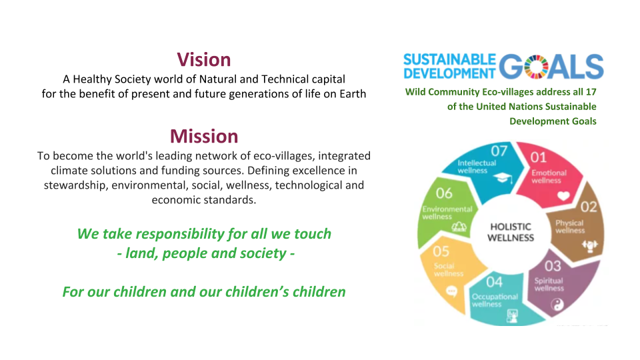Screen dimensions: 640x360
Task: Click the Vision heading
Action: point(204,59)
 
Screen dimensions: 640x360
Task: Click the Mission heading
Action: point(204,136)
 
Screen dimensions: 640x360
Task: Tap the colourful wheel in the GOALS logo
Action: point(536,67)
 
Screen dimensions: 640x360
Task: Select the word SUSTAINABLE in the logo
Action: point(449,59)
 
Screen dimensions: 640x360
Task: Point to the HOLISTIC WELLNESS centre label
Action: point(511,232)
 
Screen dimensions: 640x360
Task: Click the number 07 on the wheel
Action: point(499,151)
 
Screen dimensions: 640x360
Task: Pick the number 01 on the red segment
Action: point(539,157)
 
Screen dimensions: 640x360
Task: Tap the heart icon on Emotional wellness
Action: point(564,196)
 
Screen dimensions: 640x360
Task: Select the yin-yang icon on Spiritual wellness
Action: point(557,305)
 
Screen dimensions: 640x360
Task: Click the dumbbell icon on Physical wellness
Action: point(589,245)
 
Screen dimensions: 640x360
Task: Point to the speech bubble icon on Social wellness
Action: point(451,291)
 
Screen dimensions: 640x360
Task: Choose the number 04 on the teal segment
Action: point(494,282)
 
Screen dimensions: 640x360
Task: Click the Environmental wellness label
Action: point(447,213)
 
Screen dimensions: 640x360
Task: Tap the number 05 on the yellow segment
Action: point(441,251)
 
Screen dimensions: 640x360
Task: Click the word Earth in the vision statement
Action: point(353,94)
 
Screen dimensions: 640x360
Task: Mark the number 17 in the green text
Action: point(591,92)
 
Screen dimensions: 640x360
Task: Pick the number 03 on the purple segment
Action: point(553,266)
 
